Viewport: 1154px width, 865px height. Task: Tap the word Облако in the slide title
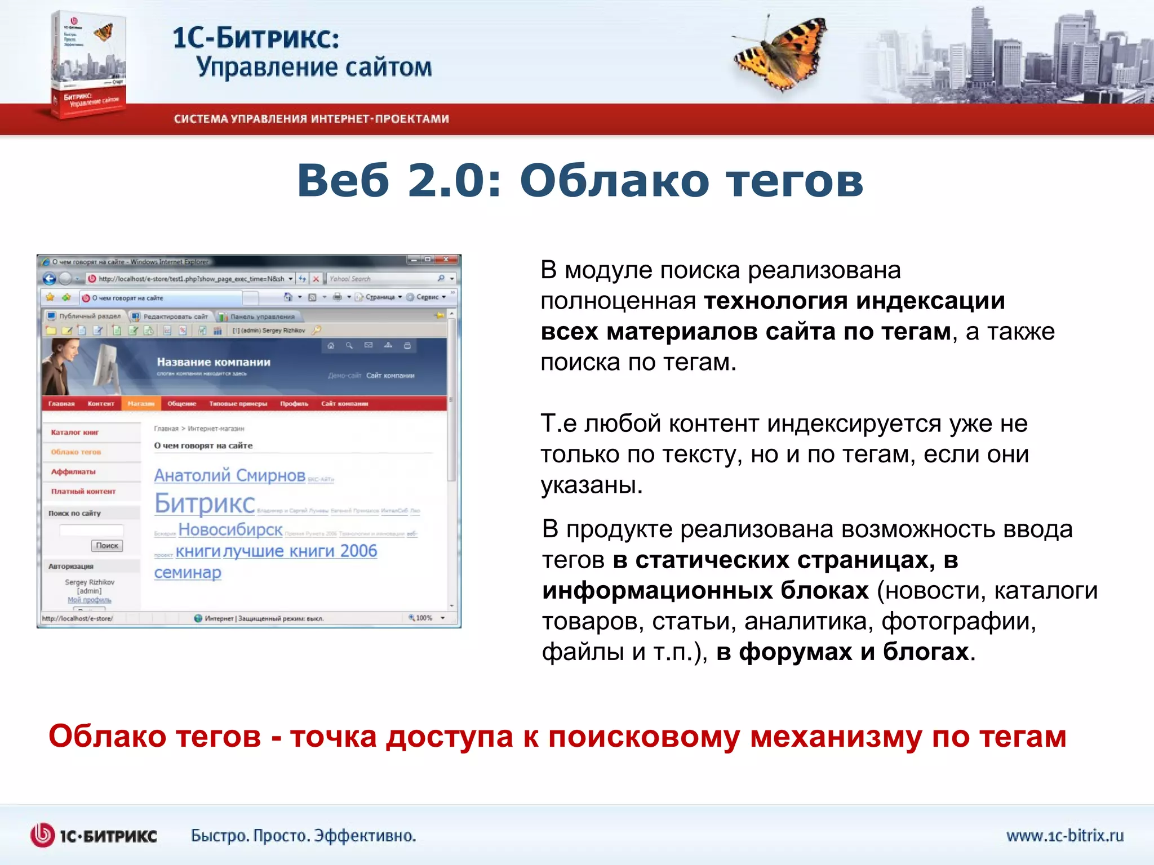614,181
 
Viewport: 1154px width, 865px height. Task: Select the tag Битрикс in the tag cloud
205,503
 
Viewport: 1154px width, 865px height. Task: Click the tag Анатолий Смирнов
229,475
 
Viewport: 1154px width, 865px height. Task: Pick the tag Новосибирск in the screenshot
230,529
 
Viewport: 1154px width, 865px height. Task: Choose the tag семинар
188,573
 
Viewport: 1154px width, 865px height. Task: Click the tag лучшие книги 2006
300,551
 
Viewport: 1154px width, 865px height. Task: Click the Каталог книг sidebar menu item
75,432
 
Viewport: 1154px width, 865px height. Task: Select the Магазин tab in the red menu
141,404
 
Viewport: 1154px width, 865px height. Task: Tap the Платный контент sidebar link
83,492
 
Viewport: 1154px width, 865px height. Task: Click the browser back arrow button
50,279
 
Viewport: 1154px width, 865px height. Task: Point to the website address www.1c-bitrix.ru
1064,835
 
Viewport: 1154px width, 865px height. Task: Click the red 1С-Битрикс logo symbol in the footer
42,835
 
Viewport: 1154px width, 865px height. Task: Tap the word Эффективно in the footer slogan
364,836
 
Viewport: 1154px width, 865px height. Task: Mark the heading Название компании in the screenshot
214,362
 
